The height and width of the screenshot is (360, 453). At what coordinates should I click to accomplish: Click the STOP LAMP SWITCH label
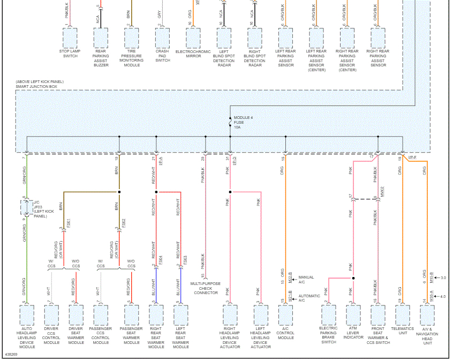pyautogui.click(x=70, y=54)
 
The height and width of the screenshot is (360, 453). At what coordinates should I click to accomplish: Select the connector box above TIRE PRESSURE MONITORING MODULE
pyautogui.click(x=132, y=37)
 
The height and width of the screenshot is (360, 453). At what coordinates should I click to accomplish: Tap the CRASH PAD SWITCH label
pyautogui.click(x=163, y=56)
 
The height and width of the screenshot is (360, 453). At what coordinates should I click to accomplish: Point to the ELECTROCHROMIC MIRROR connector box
pyautogui.click(x=194, y=37)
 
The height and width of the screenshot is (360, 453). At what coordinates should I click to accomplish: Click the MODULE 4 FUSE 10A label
pyautogui.click(x=241, y=123)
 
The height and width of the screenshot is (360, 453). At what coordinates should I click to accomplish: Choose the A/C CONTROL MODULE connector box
pyautogui.click(x=286, y=313)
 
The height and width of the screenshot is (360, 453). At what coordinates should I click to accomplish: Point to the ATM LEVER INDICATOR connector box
pyautogui.click(x=353, y=313)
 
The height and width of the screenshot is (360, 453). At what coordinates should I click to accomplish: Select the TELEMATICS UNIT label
pyautogui.click(x=403, y=331)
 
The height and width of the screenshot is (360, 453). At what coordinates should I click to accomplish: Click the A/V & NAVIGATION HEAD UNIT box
pyautogui.click(x=427, y=313)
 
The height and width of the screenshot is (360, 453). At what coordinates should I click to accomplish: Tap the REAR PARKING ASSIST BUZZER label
pyautogui.click(x=101, y=58)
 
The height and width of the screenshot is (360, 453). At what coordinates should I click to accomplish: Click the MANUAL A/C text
pyautogui.click(x=306, y=280)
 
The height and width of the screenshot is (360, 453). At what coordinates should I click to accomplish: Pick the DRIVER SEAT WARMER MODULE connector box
pyautogui.click(x=76, y=313)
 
